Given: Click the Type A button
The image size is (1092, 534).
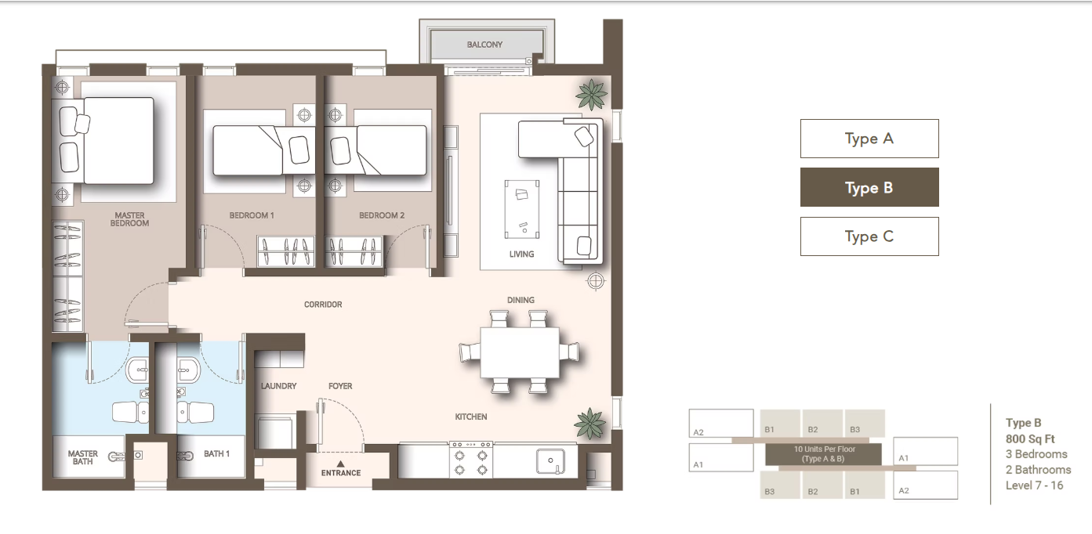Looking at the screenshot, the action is [x=869, y=139].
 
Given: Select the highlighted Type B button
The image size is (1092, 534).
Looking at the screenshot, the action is [x=869, y=187].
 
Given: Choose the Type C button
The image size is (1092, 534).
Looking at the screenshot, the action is [x=869, y=236].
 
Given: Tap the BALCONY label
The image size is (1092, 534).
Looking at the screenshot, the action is [x=484, y=45].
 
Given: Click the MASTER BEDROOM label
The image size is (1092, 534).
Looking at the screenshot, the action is [x=129, y=219].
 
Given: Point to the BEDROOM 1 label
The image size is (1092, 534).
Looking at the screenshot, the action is [x=252, y=215].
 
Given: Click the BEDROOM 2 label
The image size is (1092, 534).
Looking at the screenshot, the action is [x=382, y=215].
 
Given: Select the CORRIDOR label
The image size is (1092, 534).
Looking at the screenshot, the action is [x=323, y=305].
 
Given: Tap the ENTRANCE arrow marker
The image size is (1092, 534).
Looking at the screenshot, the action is [x=341, y=464].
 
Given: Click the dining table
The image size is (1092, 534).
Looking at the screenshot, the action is [x=520, y=352].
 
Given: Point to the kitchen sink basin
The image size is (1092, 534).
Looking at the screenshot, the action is [x=550, y=460].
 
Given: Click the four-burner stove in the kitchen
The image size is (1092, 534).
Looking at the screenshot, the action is [x=471, y=460].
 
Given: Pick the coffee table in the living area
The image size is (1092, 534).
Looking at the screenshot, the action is [x=522, y=209].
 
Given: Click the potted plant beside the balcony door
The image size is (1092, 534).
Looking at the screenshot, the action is [x=592, y=95].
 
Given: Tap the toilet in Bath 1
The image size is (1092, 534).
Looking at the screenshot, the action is [x=195, y=413].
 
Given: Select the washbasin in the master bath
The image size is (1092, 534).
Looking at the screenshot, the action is [x=137, y=370].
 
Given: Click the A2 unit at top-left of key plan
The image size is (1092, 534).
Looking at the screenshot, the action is [x=721, y=423].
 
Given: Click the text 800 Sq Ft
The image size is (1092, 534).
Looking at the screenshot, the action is [x=1029, y=439].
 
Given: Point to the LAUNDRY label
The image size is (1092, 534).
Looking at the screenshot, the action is [x=279, y=386].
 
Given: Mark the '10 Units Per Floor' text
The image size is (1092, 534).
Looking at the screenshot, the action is [x=825, y=449].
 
